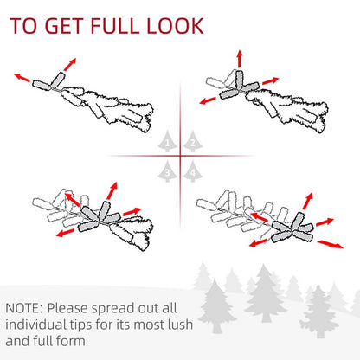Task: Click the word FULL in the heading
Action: [115, 26]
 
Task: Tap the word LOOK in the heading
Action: [175, 26]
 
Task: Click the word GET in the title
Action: [64, 26]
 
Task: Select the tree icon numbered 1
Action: [168, 141]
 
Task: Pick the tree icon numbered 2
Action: [193, 141]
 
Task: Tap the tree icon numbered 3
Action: [168, 171]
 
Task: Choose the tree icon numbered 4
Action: [193, 171]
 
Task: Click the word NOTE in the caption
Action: [22, 308]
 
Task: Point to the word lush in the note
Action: [180, 325]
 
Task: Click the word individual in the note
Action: [35, 325]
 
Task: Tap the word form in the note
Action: [70, 341]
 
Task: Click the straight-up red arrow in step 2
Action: [240, 59]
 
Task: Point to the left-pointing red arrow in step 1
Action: [22, 78]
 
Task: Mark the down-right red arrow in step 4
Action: [330, 244]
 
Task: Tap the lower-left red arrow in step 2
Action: [208, 100]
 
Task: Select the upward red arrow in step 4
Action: [308, 201]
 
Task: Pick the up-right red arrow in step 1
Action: [70, 64]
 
